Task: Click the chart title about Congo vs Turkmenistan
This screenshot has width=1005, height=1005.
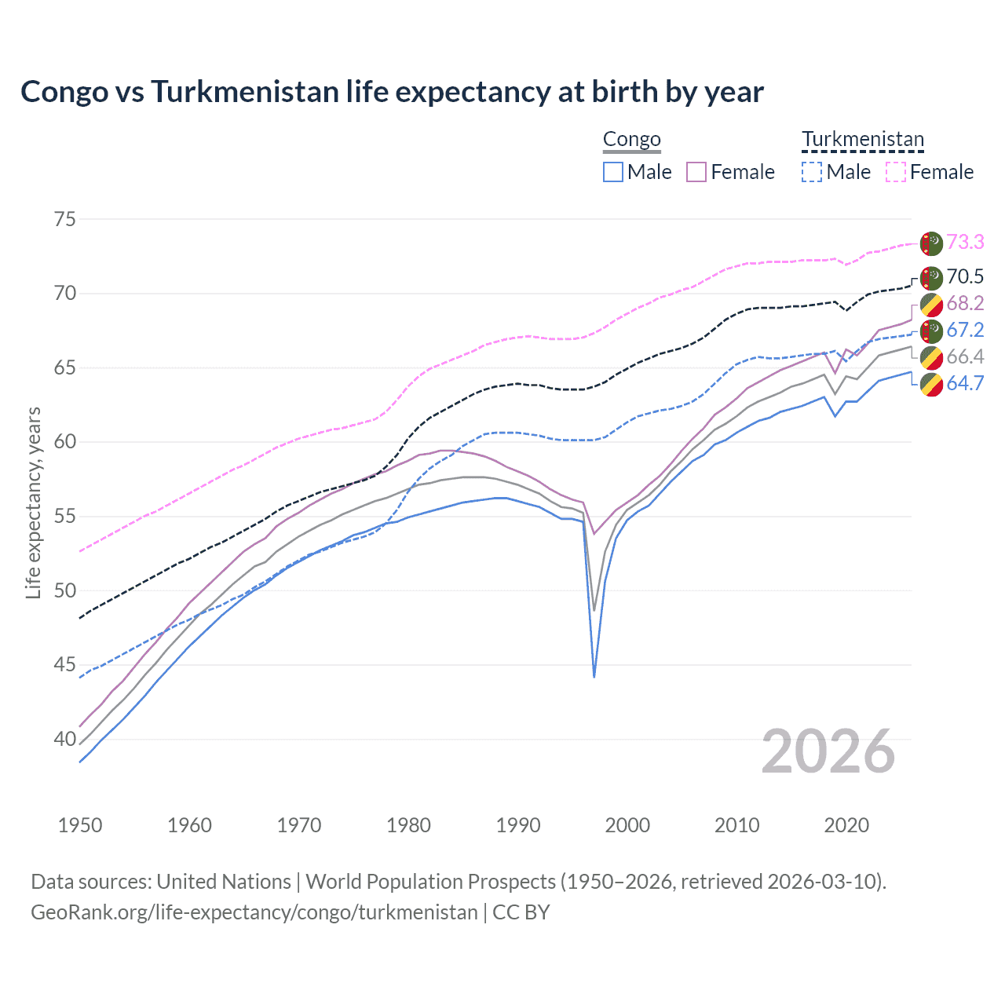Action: pos(392,92)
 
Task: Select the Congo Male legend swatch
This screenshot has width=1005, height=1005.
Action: pos(613,172)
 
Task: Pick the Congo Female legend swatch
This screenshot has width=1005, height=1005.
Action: pos(696,172)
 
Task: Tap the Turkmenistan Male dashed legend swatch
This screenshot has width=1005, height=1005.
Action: pos(812,172)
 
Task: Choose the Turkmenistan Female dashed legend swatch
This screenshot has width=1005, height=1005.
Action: pos(896,172)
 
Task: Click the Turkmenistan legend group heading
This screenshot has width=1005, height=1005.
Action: pos(863,140)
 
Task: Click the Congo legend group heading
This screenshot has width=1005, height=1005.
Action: pos(631,140)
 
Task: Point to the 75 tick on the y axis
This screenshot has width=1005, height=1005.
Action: pos(65,219)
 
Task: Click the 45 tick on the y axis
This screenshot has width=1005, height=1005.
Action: pos(65,665)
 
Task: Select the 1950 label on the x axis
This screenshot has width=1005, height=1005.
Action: pos(80,825)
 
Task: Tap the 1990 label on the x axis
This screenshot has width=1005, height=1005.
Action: pos(518,825)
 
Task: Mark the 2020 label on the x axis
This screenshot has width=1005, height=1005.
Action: pos(846,825)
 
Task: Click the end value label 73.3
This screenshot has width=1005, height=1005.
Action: pos(965,242)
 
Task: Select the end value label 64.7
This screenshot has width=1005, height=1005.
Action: pos(965,383)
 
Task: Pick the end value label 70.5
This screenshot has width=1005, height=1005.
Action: pos(965,276)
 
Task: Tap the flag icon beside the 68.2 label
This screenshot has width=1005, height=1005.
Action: pos(931,304)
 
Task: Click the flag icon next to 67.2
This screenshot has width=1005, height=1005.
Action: pos(931,331)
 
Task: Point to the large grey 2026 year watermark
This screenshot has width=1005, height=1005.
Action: pos(828,751)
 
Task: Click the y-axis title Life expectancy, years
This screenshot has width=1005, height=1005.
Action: pos(34,502)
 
